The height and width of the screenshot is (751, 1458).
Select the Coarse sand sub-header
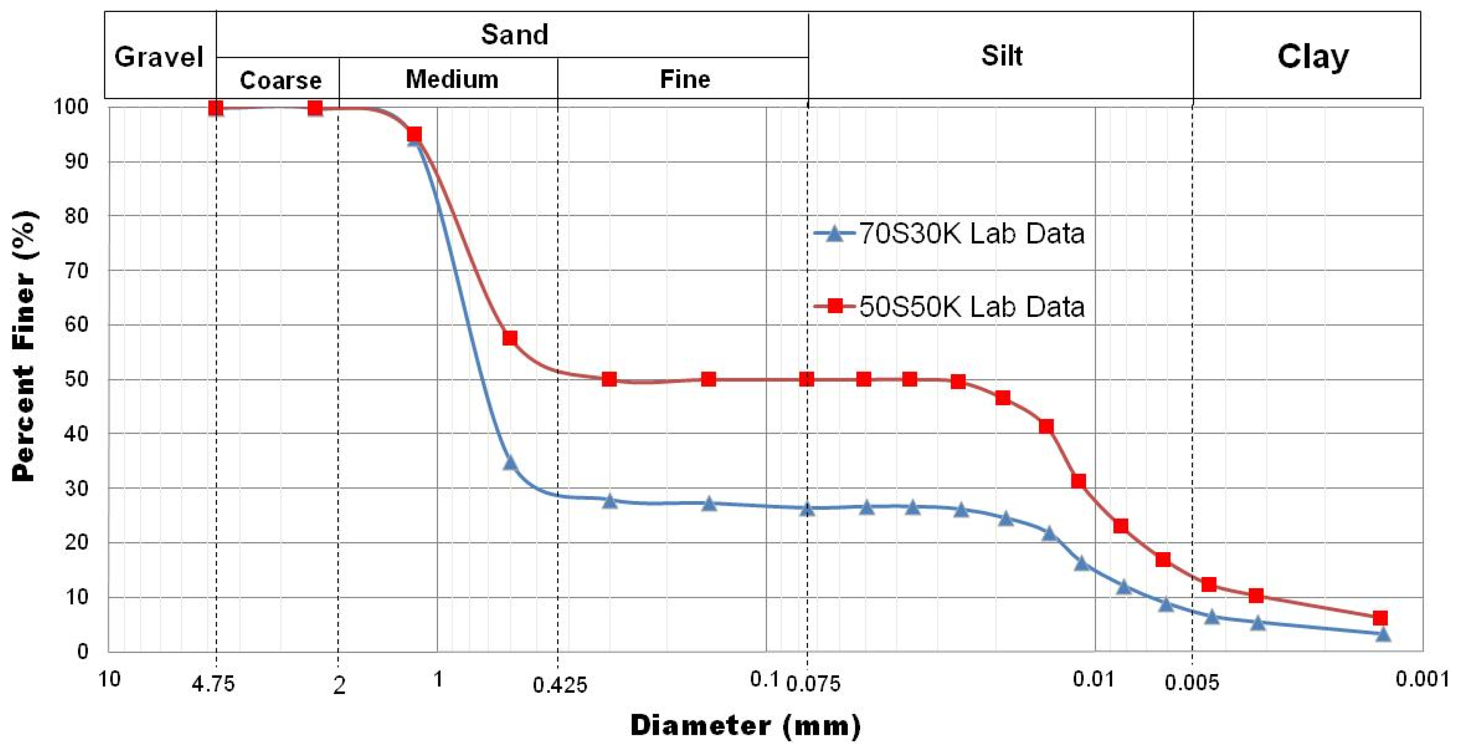pos(280,80)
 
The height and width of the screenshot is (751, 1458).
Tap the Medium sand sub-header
pos(452,79)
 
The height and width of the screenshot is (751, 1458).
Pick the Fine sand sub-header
pos(685,79)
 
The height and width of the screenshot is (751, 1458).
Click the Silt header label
pos(1001,55)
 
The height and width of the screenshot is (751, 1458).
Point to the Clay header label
pos(1313,56)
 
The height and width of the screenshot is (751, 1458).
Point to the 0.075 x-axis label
pos(813,684)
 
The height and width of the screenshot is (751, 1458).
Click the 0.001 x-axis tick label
pos(1421,678)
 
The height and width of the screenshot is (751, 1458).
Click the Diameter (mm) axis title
pos(745,726)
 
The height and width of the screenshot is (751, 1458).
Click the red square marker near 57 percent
pos(509,338)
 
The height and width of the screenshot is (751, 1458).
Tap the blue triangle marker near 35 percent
pos(509,463)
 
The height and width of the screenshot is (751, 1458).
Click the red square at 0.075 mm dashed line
pos(807,379)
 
